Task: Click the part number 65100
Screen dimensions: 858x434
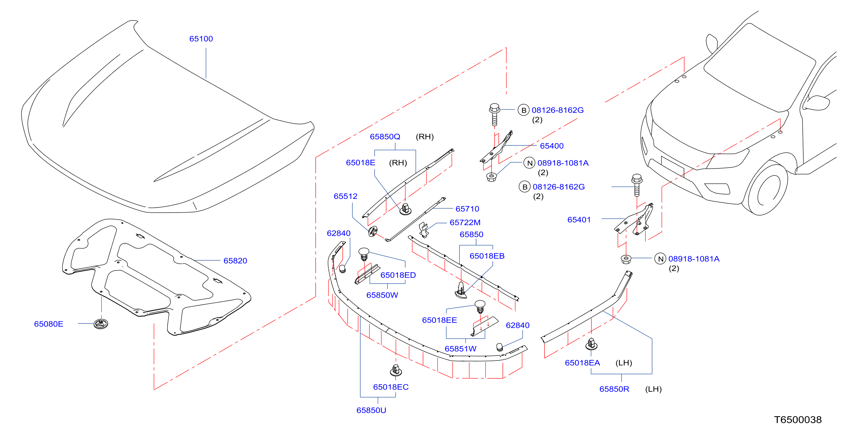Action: (201, 39)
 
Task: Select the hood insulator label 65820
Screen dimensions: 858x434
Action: (235, 261)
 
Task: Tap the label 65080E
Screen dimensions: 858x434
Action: (49, 324)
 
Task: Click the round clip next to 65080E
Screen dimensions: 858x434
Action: (101, 323)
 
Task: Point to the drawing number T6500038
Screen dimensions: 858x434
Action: (798, 420)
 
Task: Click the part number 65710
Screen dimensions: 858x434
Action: (467, 209)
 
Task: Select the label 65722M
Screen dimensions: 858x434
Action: (465, 223)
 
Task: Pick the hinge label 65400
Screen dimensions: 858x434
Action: (552, 146)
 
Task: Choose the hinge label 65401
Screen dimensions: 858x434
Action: (579, 220)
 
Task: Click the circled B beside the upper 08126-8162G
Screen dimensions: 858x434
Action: (523, 110)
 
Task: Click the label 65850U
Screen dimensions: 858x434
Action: (371, 410)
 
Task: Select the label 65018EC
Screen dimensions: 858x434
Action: (391, 387)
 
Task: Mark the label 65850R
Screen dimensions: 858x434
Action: (614, 389)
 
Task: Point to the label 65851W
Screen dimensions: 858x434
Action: (461, 349)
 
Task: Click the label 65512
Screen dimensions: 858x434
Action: (345, 196)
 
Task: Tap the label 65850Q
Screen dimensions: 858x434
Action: (385, 137)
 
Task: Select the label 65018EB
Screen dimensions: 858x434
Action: (487, 256)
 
